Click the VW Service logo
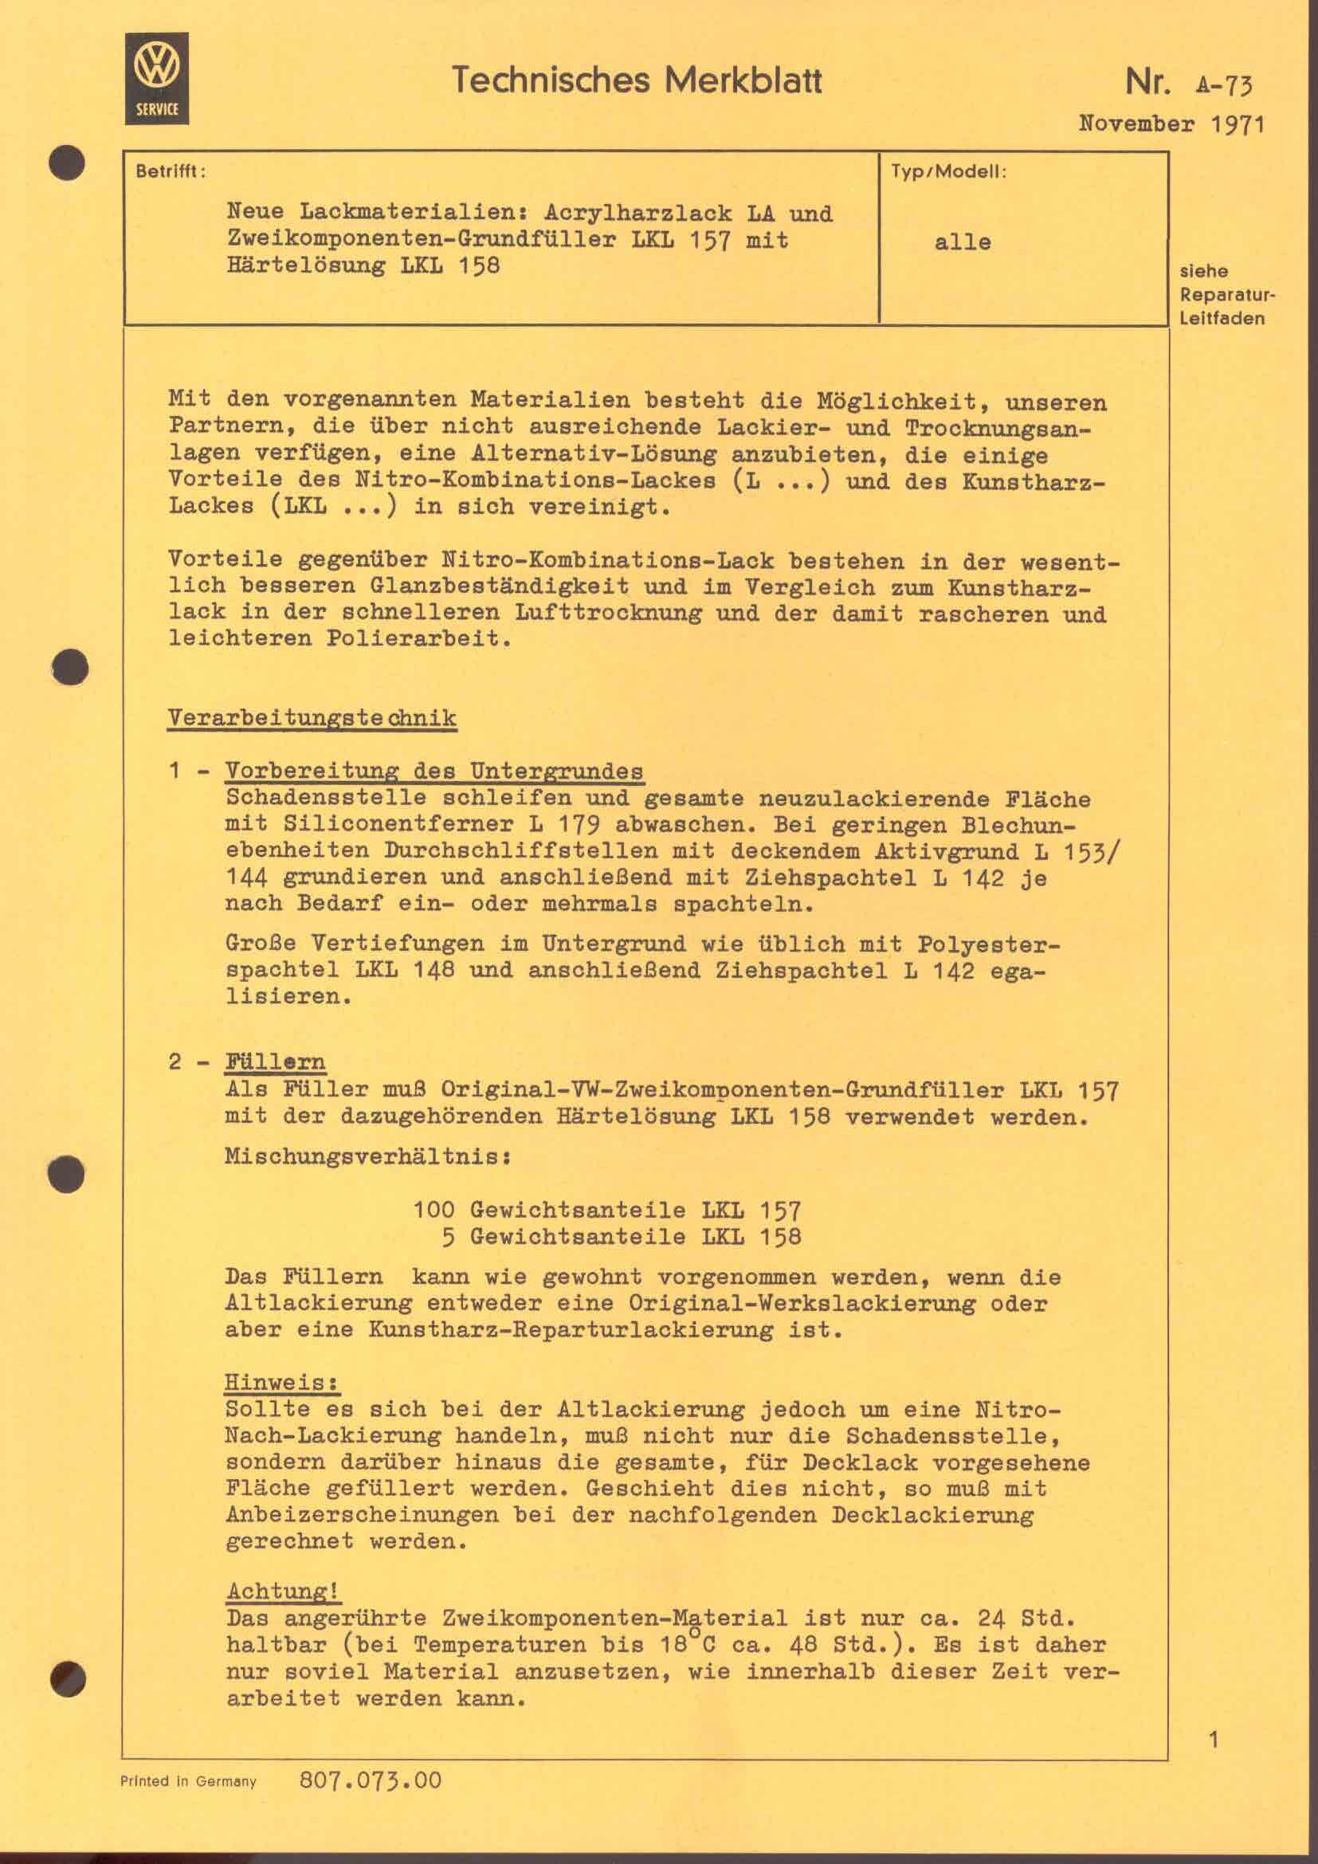(x=157, y=79)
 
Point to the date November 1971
(x=1171, y=124)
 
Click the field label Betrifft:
(x=171, y=172)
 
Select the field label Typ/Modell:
(x=948, y=172)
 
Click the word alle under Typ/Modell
(x=963, y=242)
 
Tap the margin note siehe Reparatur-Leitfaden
(x=1222, y=294)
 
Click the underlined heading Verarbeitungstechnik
(x=312, y=719)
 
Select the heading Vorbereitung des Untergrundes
(x=434, y=771)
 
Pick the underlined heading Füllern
(x=275, y=1061)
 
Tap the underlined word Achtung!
(x=281, y=1590)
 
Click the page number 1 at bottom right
(x=1214, y=1739)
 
